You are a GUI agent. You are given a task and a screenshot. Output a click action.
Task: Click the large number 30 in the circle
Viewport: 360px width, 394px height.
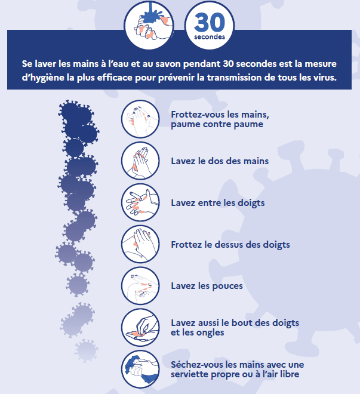click(210, 22)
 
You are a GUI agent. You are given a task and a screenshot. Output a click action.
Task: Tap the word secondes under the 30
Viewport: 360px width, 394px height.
click(210, 37)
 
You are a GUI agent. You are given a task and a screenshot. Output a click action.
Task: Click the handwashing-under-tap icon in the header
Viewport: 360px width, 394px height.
click(149, 25)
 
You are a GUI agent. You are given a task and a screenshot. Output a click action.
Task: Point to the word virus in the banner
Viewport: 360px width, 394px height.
click(325, 78)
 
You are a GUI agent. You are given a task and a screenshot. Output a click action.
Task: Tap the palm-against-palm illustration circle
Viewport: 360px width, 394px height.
click(140, 119)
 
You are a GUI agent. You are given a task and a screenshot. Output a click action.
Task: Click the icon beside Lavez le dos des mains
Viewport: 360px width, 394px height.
click(140, 161)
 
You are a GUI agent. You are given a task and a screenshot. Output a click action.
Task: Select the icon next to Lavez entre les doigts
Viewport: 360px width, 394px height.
click(140, 202)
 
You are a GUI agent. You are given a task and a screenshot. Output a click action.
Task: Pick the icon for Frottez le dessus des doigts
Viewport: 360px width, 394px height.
click(140, 244)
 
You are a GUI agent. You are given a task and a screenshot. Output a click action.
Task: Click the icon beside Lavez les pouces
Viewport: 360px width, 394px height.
click(140, 286)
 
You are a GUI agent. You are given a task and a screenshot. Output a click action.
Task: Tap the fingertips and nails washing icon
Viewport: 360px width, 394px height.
click(140, 328)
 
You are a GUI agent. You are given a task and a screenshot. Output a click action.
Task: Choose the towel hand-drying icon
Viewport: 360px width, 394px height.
click(140, 370)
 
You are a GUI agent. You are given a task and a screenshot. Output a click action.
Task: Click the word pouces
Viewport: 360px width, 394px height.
click(227, 286)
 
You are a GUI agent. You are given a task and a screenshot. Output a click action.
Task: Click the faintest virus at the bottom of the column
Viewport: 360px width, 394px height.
click(87, 351)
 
